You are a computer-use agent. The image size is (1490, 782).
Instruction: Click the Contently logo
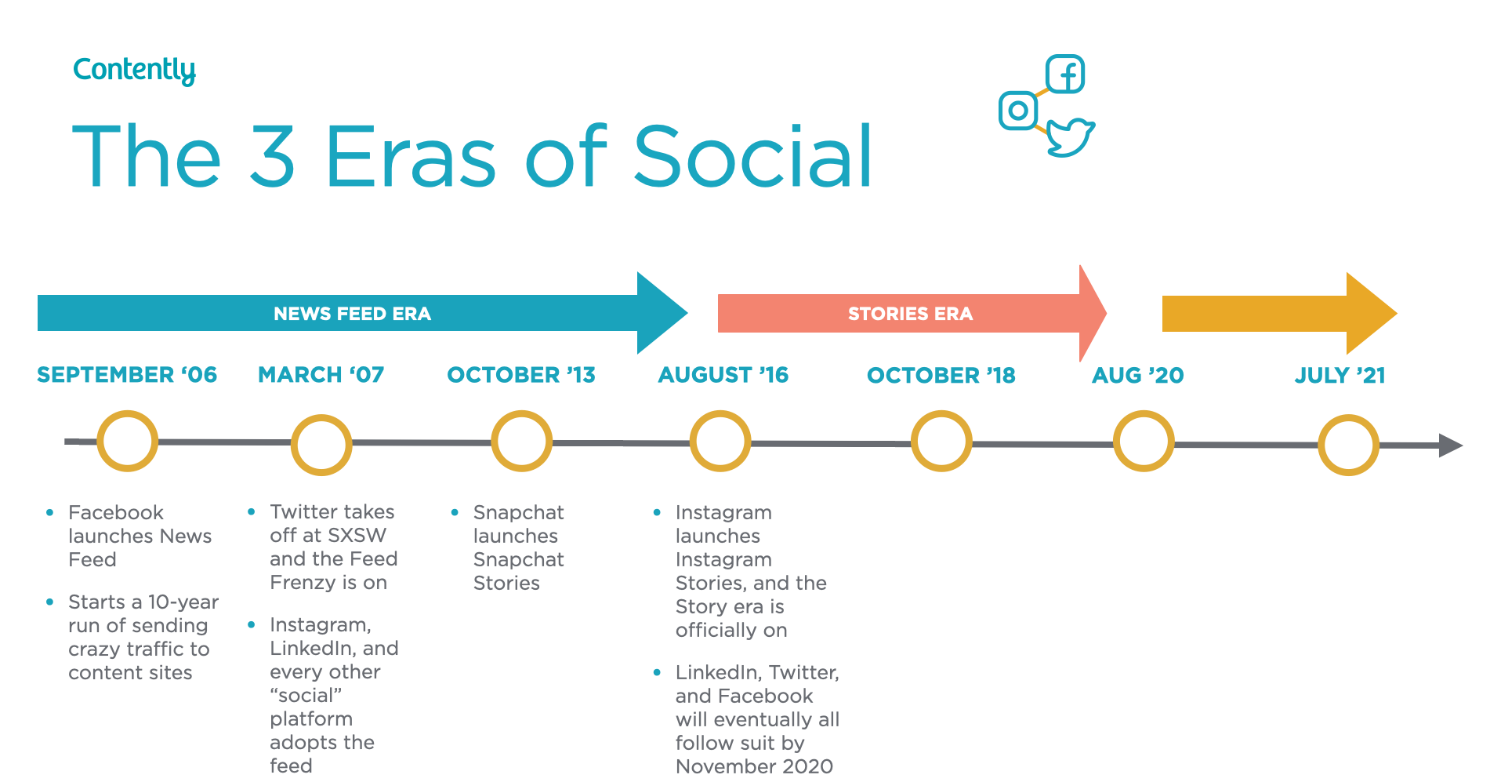[134, 70]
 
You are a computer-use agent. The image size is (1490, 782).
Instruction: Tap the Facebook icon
[1065, 75]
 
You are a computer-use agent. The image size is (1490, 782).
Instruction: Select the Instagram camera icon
[1018, 111]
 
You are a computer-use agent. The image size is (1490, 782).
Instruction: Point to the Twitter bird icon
[1071, 137]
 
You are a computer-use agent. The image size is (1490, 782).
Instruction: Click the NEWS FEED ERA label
[352, 314]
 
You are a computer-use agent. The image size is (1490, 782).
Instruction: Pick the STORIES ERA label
[910, 314]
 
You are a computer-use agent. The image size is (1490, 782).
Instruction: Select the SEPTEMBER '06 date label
[127, 375]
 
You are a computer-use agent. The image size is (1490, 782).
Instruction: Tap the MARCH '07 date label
[321, 375]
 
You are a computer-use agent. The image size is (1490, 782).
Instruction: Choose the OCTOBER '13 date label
[521, 375]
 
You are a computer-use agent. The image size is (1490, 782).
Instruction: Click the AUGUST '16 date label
[723, 375]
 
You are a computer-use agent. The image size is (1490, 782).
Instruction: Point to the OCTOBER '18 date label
[941, 376]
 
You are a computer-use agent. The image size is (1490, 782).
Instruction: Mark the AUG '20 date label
[1138, 376]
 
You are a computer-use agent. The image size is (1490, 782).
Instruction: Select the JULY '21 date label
[1340, 376]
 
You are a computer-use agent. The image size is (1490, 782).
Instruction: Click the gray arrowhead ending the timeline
[1451, 446]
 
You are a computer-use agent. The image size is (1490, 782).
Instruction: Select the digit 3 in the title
[272, 156]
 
